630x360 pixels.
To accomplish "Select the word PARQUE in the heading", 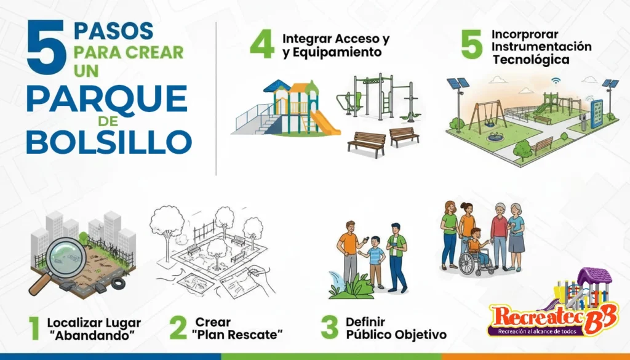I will (106, 98).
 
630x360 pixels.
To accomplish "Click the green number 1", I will (34, 329).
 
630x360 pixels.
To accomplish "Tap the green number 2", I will (178, 328).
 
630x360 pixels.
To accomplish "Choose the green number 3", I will (329, 328).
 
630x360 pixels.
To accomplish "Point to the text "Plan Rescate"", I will (237, 335).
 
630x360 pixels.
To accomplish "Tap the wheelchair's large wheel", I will (468, 263).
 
